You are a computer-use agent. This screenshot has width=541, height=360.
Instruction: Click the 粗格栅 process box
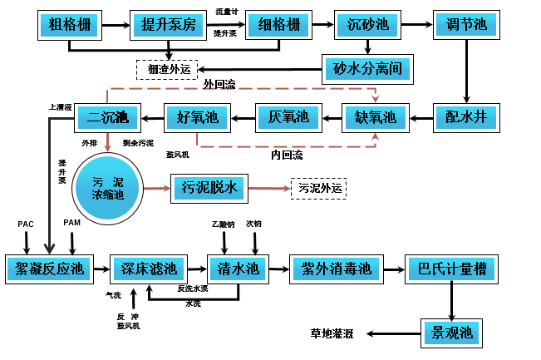[x=70, y=26]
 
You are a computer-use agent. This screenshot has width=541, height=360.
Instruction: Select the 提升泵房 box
[x=167, y=26]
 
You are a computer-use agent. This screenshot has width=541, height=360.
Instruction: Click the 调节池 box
[x=466, y=26]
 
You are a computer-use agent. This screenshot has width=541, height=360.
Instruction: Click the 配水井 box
[x=466, y=117]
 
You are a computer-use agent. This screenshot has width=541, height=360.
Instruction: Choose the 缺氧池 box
[x=376, y=117]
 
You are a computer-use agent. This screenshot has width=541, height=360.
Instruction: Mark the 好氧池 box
[x=197, y=117]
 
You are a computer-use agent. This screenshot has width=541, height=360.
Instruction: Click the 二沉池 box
[x=108, y=117]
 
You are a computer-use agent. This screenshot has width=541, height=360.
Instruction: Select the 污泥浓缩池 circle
[x=107, y=188]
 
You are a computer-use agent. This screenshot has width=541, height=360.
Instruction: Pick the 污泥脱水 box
[x=209, y=188]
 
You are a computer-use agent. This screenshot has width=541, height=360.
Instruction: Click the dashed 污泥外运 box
[x=318, y=189]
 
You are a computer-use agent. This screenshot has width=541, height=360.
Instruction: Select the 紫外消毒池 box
[x=334, y=269]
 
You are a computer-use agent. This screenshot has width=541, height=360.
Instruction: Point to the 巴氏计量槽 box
[x=451, y=269]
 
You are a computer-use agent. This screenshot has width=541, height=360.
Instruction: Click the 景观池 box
[x=450, y=333]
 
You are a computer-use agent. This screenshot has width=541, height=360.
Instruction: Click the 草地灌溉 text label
[x=332, y=333]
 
